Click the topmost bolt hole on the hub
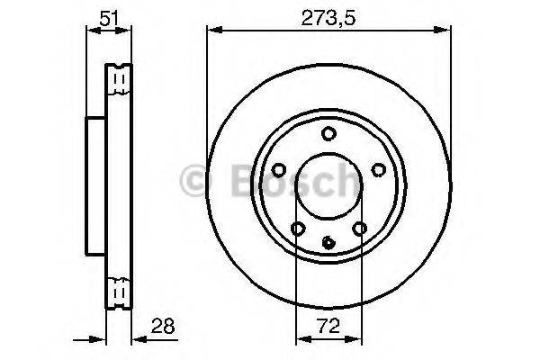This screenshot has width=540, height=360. click(328, 134)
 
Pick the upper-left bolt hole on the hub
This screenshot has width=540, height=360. click(278, 168)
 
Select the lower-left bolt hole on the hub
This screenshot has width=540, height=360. click(298, 229)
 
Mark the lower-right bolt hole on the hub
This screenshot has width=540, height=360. click(359, 229)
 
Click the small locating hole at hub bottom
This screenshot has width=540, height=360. click(328, 240)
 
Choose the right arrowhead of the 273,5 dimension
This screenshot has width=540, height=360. click(446, 30)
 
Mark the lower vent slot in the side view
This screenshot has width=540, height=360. click(119, 292)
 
